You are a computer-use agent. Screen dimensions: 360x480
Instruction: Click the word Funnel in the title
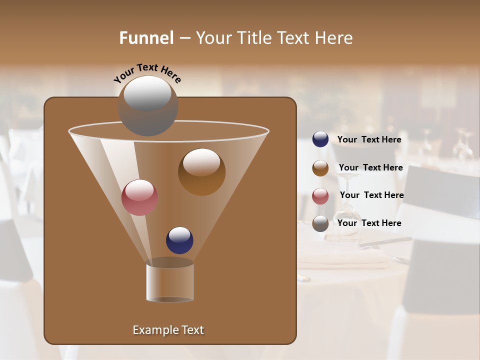point(146,38)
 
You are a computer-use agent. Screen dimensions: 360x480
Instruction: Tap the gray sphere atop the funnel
point(147,106)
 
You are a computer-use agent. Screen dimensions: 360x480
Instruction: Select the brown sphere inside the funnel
point(201,172)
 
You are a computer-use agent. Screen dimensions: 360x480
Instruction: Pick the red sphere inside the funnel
point(139,197)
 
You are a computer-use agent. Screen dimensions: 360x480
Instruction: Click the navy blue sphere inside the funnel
point(179,240)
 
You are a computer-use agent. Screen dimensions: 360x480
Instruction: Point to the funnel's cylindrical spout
point(170,282)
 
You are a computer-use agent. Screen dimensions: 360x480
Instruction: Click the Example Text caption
point(168,330)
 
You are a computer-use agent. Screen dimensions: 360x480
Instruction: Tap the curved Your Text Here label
point(147,73)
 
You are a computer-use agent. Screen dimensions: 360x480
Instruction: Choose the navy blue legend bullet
point(320,139)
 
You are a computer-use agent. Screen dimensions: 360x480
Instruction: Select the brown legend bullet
point(320,168)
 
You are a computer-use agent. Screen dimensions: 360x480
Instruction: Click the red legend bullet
point(320,196)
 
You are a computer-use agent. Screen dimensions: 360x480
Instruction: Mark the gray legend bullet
point(320,223)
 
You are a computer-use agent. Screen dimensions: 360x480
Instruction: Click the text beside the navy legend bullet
point(369,139)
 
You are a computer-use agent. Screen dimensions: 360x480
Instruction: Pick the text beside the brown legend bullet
point(370,167)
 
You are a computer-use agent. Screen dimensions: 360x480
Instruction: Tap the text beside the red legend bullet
point(371,195)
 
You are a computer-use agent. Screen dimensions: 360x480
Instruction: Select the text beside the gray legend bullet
point(369,223)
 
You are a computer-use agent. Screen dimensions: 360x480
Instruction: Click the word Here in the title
point(335,38)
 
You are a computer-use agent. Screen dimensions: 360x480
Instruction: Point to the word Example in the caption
point(151,330)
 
